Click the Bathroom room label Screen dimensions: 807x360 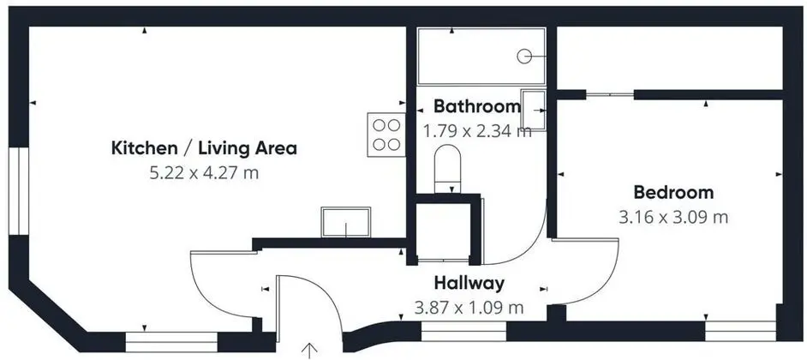click(477, 106)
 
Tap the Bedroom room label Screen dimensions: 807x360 click(673, 193)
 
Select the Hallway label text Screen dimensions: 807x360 click(469, 283)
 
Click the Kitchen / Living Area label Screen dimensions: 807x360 click(205, 148)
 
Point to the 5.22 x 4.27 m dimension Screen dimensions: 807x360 click(204, 173)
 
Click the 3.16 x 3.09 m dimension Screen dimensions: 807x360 click(673, 217)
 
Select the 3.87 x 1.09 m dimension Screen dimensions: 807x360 click(469, 308)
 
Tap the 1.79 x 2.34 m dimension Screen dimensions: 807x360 click(476, 131)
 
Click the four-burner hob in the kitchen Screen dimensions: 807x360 click(386, 135)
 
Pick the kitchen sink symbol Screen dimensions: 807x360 click(345, 222)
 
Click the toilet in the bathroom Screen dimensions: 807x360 click(448, 168)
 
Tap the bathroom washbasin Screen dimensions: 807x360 click(533, 110)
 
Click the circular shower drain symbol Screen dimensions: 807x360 click(524, 56)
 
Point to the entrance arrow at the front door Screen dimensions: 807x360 click(308, 351)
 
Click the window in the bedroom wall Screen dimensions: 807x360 click(740, 331)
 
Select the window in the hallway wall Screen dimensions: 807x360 click(463, 332)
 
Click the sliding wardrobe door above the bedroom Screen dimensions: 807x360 click(610, 94)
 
